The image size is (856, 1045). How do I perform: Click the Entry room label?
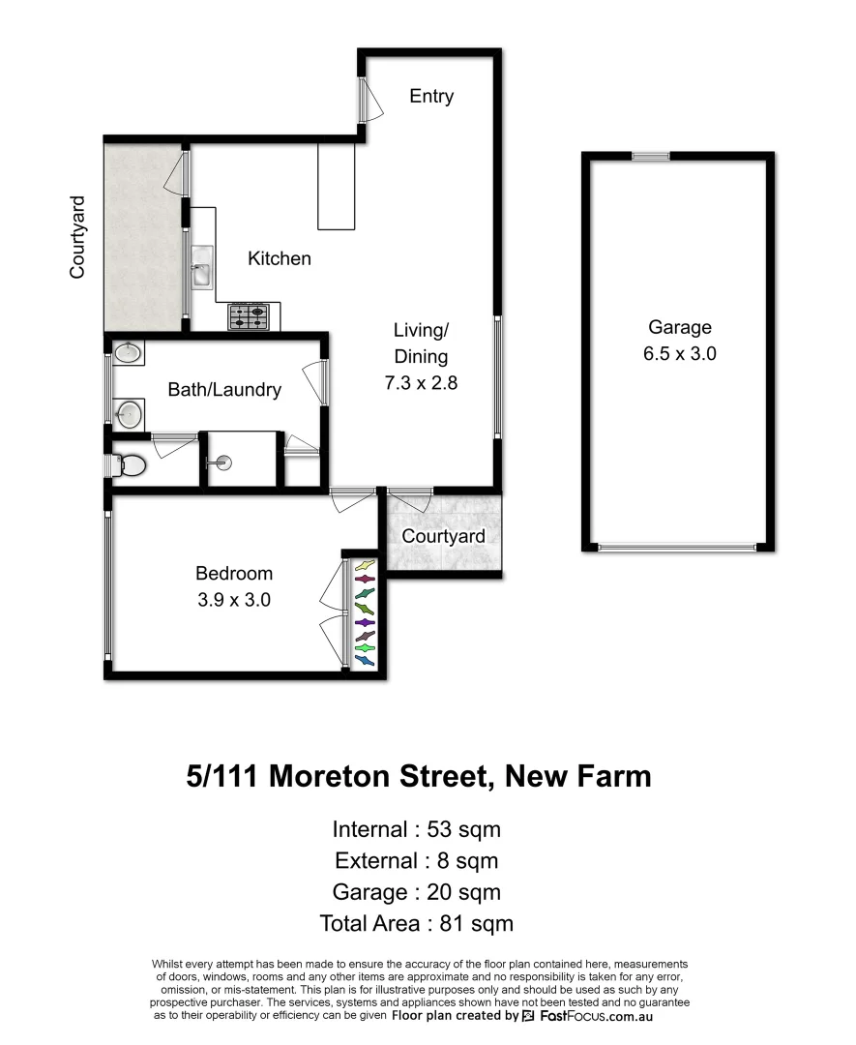[431, 96]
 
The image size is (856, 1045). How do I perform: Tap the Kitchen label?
[280, 258]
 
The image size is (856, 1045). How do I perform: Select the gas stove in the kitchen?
[248, 316]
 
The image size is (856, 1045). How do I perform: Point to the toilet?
[130, 466]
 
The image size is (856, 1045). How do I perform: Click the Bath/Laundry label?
[224, 390]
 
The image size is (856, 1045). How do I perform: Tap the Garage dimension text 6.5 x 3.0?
[679, 353]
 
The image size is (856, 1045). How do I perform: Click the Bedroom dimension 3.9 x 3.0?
[233, 599]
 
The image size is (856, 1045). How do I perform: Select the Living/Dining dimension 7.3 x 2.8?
[420, 382]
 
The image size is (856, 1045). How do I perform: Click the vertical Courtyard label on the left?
[77, 238]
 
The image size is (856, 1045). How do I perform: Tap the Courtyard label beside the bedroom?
[443, 536]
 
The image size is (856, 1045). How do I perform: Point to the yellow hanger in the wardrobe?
[365, 565]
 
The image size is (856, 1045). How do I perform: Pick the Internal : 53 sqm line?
[416, 829]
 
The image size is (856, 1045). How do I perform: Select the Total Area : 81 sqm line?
[416, 923]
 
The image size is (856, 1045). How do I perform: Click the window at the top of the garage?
[651, 156]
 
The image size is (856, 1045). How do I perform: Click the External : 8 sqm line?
[416, 860]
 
